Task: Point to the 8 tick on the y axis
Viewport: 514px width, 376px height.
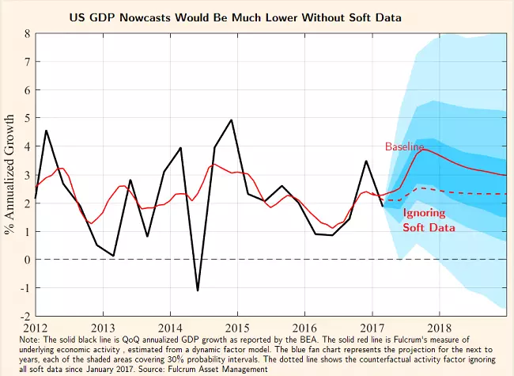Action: point(27,34)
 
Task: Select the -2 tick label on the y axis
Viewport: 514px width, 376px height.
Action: point(25,316)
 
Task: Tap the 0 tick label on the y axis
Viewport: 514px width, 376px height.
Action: point(27,260)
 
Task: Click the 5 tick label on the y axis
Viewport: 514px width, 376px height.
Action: point(27,119)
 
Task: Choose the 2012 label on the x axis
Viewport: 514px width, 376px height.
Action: point(36,327)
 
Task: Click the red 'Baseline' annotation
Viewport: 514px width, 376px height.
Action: point(404,146)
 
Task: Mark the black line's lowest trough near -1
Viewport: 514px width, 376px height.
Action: point(198,291)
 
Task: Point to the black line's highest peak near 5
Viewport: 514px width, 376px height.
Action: point(231,120)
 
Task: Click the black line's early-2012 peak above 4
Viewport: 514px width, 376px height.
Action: point(47,131)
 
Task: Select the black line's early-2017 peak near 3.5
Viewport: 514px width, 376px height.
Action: point(366,161)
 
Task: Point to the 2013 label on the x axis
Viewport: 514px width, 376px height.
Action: point(103,327)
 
